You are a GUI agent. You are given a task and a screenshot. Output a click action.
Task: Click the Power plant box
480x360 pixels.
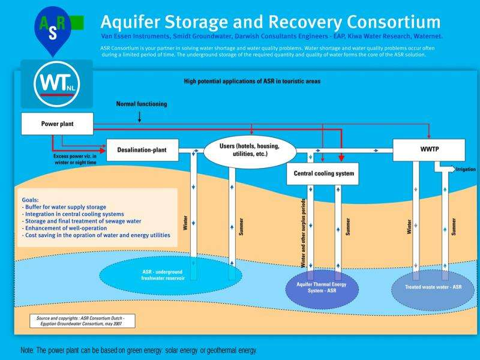[58, 124]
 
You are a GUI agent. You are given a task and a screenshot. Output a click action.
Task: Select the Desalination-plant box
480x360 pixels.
[142, 149]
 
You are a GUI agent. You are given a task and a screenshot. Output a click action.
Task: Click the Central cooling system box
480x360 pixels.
[323, 174]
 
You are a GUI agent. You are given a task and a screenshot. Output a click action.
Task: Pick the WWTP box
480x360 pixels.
[428, 149]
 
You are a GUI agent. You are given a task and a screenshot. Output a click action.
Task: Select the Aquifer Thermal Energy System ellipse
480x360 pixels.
[323, 289]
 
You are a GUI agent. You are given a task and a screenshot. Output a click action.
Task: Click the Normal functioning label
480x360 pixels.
[139, 105]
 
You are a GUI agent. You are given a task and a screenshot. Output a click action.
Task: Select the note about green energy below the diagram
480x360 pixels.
[139, 349]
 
